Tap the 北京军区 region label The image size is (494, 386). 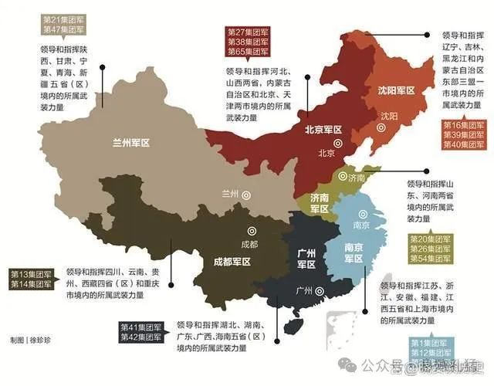pyautogui.click(x=324, y=130)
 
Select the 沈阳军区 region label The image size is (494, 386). pyautogui.click(x=395, y=91)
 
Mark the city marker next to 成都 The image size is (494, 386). pyautogui.click(x=249, y=229)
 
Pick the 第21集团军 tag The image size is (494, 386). pyautogui.click(x=64, y=17)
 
